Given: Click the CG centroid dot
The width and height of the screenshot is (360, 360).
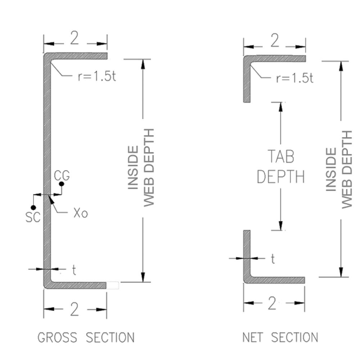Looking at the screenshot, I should (62, 184).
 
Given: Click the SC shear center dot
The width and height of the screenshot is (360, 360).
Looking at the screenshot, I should (33, 207).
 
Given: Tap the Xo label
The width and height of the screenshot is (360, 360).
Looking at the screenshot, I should (80, 213).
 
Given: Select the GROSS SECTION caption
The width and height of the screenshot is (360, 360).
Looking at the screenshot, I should (86, 338).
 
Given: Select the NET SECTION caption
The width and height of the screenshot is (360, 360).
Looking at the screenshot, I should (280, 338).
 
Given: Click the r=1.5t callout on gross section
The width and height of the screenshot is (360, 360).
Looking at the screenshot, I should (97, 77).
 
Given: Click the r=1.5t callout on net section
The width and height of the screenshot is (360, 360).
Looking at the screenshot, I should (294, 78).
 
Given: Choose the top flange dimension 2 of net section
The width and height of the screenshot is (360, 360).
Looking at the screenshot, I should (275, 42).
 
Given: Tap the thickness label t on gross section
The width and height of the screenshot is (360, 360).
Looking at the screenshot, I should (74, 270).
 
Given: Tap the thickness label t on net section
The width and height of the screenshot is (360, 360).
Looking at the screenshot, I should (273, 259).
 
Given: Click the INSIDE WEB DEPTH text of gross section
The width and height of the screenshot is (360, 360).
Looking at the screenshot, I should (141, 168).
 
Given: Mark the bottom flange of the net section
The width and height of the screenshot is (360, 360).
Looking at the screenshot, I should (275, 280).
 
